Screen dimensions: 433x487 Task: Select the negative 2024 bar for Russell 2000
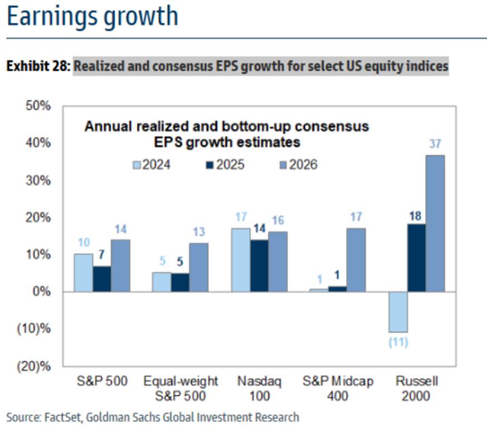point(398,312)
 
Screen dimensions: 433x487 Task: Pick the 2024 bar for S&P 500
point(84,273)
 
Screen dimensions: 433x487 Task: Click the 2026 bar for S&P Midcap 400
point(356,259)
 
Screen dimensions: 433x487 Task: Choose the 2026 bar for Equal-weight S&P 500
point(199,267)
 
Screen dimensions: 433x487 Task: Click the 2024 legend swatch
point(137,164)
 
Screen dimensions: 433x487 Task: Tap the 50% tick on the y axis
point(38,106)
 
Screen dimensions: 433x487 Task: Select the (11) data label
point(398,342)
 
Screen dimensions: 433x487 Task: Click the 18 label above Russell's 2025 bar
point(416,215)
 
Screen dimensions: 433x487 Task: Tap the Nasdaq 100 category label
point(259,389)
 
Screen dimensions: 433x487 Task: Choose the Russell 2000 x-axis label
point(416,389)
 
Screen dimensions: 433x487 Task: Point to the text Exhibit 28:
point(38,67)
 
